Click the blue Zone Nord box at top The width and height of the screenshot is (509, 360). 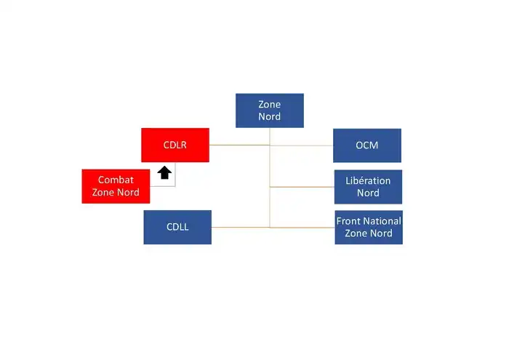pyautogui.click(x=269, y=111)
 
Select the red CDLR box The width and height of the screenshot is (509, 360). pyautogui.click(x=175, y=145)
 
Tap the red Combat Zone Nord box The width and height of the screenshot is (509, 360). pyautogui.click(x=116, y=186)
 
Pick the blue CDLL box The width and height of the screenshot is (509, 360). pyautogui.click(x=177, y=227)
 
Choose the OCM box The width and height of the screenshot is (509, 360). pyautogui.click(x=366, y=145)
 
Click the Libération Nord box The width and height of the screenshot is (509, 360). pyautogui.click(x=368, y=187)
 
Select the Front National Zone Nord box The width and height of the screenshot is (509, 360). pyautogui.click(x=369, y=227)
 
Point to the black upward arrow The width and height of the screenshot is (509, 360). pyautogui.click(x=165, y=172)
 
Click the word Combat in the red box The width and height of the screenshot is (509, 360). pyautogui.click(x=116, y=180)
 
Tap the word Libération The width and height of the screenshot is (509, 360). pyautogui.click(x=368, y=180)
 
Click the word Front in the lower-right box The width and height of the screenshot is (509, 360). pyautogui.click(x=348, y=221)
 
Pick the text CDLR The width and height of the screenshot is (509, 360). pyautogui.click(x=175, y=145)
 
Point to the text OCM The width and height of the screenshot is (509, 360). pyautogui.click(x=366, y=145)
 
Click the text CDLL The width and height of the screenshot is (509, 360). pyautogui.click(x=177, y=227)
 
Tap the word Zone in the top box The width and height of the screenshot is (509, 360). pyautogui.click(x=269, y=105)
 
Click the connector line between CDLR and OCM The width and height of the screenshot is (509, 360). pyautogui.click(x=305, y=145)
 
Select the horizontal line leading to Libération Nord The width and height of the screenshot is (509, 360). pyautogui.click(x=302, y=187)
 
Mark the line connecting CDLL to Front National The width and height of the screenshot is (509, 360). pyautogui.click(x=240, y=227)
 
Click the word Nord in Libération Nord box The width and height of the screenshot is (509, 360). pyautogui.click(x=368, y=193)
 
